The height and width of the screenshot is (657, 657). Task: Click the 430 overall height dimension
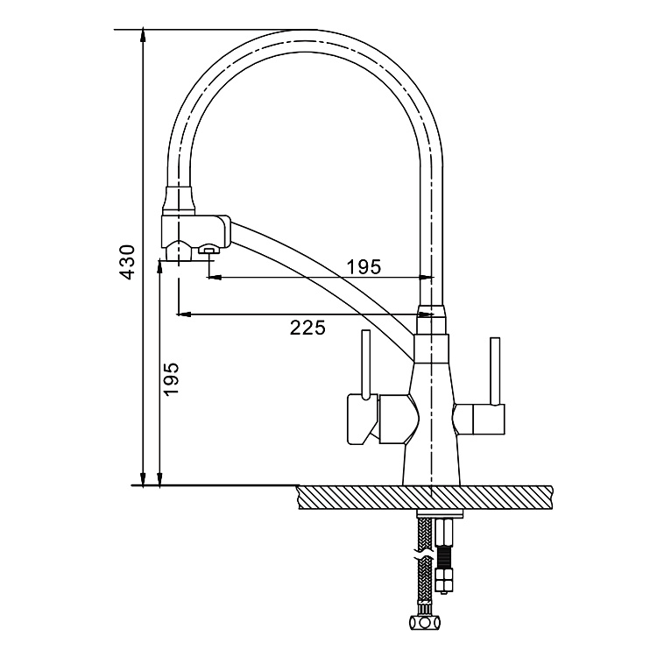(x=128, y=261)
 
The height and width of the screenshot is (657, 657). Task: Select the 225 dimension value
(x=307, y=328)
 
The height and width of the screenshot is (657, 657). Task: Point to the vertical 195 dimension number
(x=172, y=377)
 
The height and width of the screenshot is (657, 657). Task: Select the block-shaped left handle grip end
(x=360, y=418)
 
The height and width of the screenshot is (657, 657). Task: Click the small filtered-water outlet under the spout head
(x=208, y=251)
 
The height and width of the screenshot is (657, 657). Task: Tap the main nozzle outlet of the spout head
(x=176, y=255)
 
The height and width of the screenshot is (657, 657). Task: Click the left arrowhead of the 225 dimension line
(x=183, y=314)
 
